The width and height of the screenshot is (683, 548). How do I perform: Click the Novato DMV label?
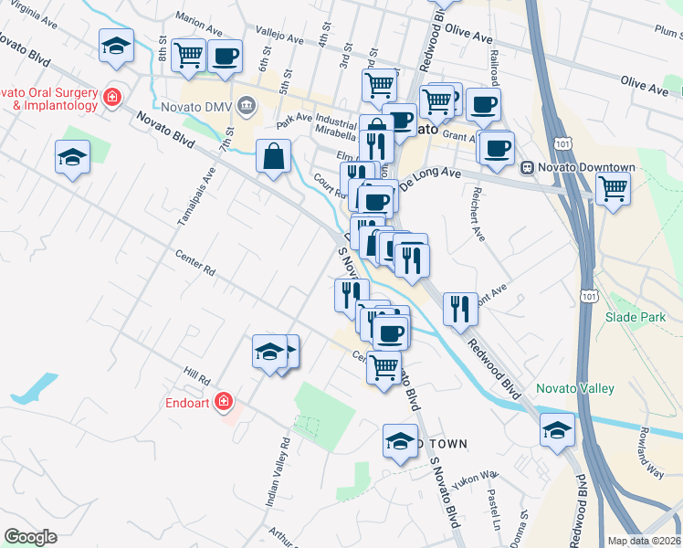(x=205, y=107)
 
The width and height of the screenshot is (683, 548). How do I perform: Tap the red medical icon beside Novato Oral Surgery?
(x=112, y=97)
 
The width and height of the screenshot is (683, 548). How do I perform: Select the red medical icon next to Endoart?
(x=225, y=402)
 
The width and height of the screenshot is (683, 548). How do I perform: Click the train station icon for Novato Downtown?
(x=527, y=167)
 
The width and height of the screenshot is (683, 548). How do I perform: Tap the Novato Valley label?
(x=574, y=388)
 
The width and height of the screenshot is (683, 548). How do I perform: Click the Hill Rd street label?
(x=196, y=374)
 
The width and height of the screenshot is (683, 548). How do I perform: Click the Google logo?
(x=30, y=537)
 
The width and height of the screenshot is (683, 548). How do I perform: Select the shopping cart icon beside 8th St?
(x=189, y=54)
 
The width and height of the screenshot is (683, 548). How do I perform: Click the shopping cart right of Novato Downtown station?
(x=613, y=188)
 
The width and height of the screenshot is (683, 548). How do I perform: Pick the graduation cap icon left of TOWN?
(x=400, y=441)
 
